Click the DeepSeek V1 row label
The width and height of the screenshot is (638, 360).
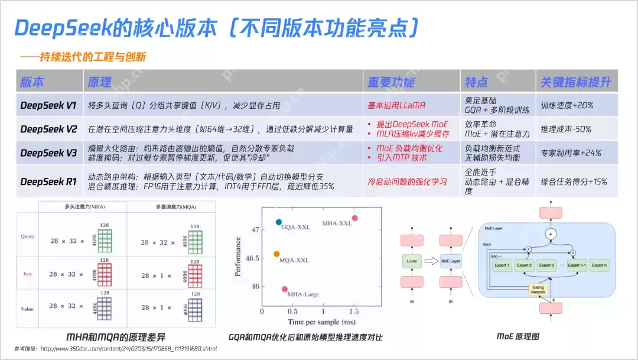(x=48, y=106)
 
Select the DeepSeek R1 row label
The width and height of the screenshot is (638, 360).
(x=48, y=181)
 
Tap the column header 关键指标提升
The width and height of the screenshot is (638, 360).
(x=575, y=82)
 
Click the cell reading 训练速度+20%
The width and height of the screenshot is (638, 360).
(x=567, y=106)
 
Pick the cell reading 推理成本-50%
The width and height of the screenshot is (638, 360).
(x=566, y=129)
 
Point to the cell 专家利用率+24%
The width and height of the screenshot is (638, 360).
(x=571, y=153)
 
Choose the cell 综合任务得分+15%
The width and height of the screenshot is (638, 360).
(x=574, y=181)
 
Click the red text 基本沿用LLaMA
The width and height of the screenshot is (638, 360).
(x=396, y=106)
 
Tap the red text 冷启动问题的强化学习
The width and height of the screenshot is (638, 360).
(x=408, y=181)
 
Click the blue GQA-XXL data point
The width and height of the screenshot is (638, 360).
(x=279, y=222)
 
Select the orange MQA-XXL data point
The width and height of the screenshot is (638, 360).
(x=276, y=254)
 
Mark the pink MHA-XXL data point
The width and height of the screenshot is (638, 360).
(x=354, y=218)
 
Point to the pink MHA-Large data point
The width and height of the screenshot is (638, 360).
(x=285, y=289)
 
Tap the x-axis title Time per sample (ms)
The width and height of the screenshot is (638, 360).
(x=321, y=322)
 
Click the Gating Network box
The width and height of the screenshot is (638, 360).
(x=538, y=288)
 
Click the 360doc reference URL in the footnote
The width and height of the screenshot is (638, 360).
(x=128, y=349)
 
